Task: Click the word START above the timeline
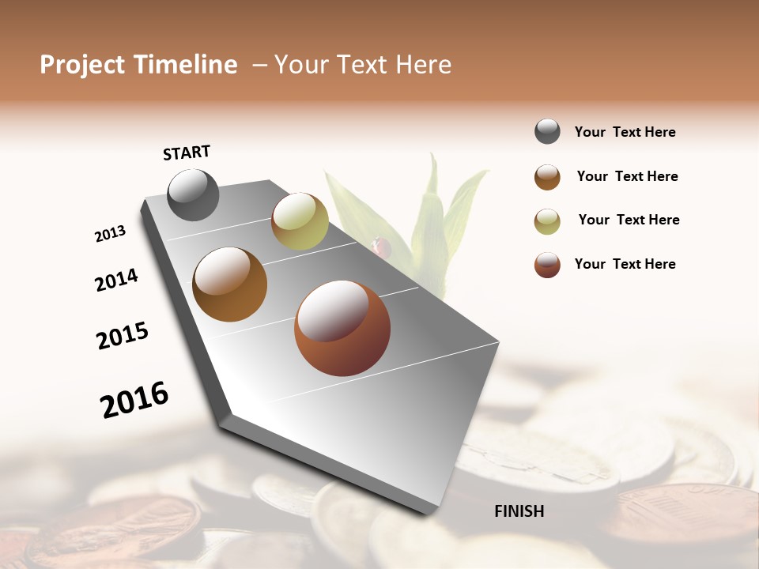(187, 153)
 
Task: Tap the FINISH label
(519, 511)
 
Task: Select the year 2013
(110, 234)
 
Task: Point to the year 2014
(116, 280)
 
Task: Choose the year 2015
(123, 336)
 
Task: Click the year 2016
(134, 399)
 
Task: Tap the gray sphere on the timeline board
(193, 194)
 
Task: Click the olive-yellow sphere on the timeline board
(300, 221)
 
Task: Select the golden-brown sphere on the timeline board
(230, 284)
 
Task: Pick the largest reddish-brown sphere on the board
(342, 328)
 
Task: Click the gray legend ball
(547, 132)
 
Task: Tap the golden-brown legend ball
(547, 177)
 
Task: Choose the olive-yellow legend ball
(547, 221)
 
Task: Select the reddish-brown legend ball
(547, 265)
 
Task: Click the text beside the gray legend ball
(625, 133)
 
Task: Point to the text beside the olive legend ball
(629, 220)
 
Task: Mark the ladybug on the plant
(383, 247)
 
